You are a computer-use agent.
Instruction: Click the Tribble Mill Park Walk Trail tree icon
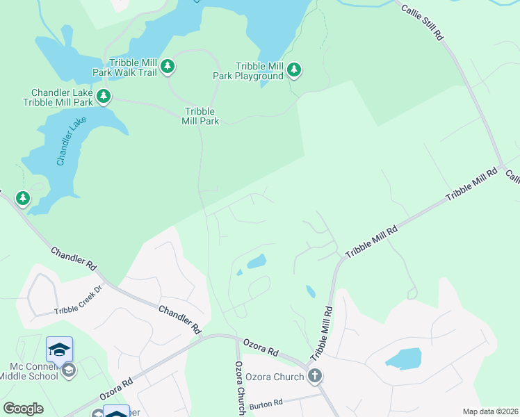167,67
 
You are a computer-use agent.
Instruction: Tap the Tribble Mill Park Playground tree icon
295,69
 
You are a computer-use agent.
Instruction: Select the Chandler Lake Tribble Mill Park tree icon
104,96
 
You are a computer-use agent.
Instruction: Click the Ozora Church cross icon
315,377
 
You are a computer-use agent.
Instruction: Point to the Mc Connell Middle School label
33,371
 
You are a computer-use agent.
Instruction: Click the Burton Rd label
267,402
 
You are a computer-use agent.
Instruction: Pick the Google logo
23,409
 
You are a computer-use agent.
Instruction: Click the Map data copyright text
489,411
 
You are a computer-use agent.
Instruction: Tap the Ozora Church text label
275,377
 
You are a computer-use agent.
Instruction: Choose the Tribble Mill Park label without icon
200,116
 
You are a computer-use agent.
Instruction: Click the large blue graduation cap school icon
60,348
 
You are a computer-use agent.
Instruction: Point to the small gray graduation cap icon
68,370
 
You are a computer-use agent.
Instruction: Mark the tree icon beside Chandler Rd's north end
23,199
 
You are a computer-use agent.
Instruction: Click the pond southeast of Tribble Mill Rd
404,359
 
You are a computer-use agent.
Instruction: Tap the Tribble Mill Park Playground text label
248,71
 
